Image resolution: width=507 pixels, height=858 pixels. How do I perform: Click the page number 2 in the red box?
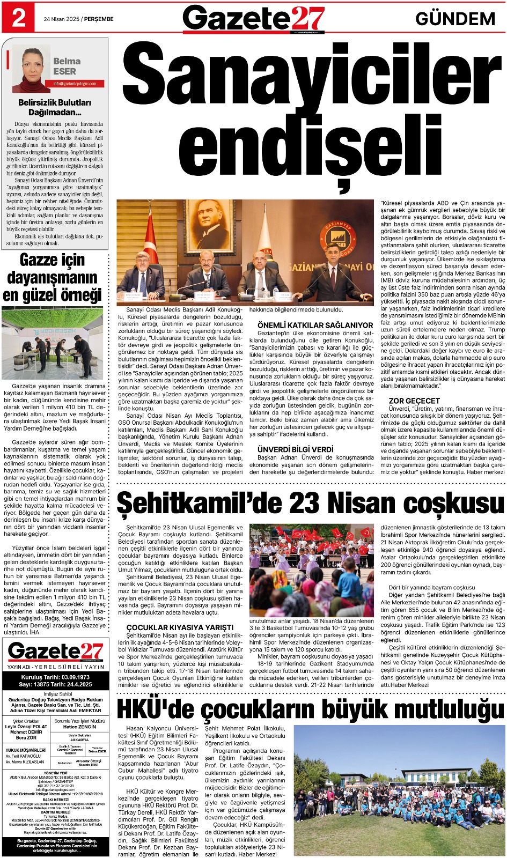tap(18, 18)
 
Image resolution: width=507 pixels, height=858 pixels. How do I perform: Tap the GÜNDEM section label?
tap(455, 19)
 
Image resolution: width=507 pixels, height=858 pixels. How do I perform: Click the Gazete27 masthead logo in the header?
tap(253, 19)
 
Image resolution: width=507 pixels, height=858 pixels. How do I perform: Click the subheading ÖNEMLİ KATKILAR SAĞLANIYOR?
tap(315, 325)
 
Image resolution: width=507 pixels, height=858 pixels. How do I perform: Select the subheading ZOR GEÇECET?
tap(414, 401)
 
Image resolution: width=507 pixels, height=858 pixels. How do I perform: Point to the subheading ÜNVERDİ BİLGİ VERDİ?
tap(295, 449)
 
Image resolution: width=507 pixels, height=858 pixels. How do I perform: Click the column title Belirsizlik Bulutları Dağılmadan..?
tap(55, 107)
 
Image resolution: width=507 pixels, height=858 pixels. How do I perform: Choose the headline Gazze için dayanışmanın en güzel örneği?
tap(53, 277)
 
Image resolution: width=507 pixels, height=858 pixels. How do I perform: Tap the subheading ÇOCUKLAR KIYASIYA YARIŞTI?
tap(180, 627)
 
